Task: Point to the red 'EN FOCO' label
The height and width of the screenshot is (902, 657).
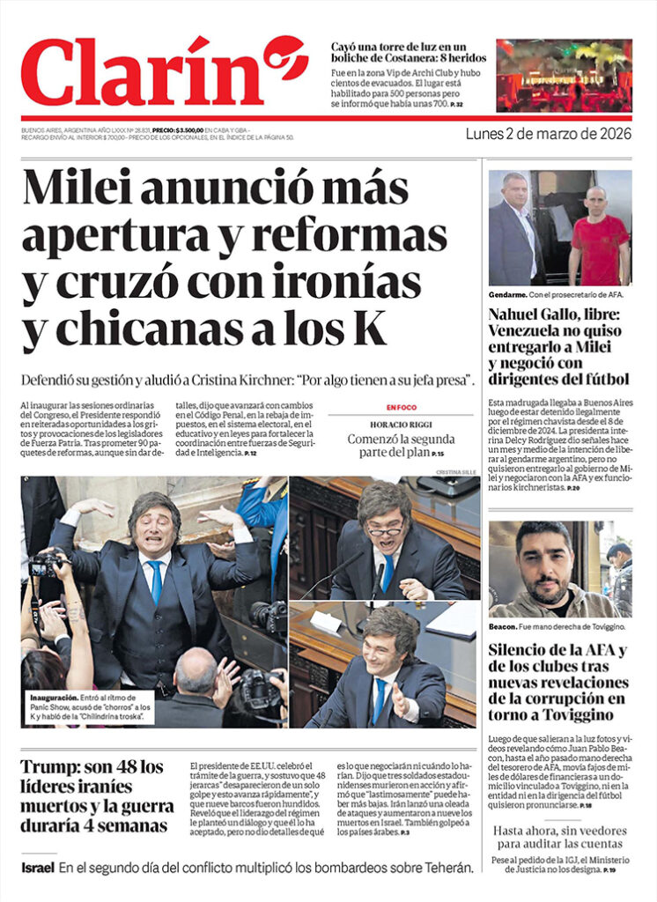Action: pyautogui.click(x=401, y=407)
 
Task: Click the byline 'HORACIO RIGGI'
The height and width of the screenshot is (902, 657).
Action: pyautogui.click(x=401, y=424)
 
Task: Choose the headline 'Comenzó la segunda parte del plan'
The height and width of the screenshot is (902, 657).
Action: pyautogui.click(x=401, y=446)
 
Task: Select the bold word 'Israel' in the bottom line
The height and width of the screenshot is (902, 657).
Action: pyautogui.click(x=38, y=868)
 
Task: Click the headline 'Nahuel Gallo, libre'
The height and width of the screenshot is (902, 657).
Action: pyautogui.click(x=555, y=314)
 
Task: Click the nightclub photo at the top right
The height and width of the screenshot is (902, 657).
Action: pyautogui.click(x=564, y=75)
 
